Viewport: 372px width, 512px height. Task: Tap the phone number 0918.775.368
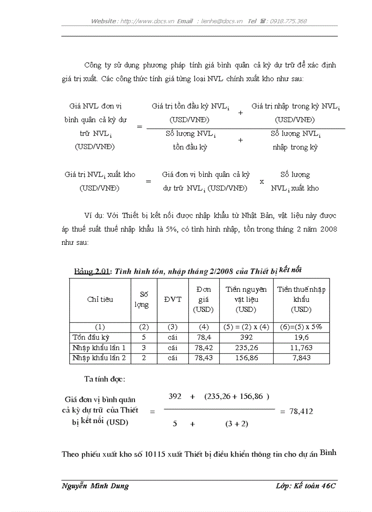point(288,21)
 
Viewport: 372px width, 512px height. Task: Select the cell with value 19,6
point(301,338)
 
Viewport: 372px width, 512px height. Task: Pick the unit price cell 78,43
point(203,358)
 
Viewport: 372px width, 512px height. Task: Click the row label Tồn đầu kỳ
point(91,338)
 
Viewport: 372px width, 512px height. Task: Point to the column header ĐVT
point(172,300)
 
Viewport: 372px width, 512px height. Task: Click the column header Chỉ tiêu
point(100,300)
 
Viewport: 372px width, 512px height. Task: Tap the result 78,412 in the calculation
point(300,411)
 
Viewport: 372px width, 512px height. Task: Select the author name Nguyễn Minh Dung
point(95,486)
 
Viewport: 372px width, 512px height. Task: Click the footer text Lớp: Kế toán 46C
point(305,486)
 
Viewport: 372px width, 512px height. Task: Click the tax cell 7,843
point(301,358)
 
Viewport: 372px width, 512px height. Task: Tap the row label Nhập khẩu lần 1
point(99,348)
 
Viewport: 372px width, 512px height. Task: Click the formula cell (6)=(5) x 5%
point(301,327)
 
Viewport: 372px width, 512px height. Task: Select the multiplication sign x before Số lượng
point(262,181)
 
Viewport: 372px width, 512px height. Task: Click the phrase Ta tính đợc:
point(104,379)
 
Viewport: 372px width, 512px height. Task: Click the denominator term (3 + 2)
point(237,424)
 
